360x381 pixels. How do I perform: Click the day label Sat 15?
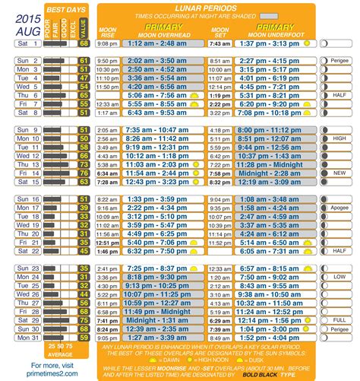click(22, 183)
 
